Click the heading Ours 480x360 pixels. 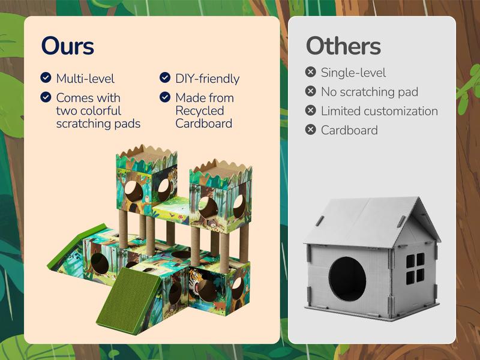[67, 46]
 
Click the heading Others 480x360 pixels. [343, 46]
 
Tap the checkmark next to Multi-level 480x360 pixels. [46, 77]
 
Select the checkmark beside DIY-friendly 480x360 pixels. [164, 77]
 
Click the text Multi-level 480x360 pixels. [85, 79]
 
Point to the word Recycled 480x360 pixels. [200, 111]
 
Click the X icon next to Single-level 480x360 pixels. [310, 72]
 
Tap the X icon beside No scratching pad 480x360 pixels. [310, 91]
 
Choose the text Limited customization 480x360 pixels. [379, 111]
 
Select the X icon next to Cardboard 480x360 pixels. [310, 130]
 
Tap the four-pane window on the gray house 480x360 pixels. [415, 268]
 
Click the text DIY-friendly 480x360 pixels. [207, 79]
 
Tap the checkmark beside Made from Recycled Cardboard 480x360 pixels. [164, 97]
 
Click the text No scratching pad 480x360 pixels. [369, 92]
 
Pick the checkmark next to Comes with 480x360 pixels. [46, 97]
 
